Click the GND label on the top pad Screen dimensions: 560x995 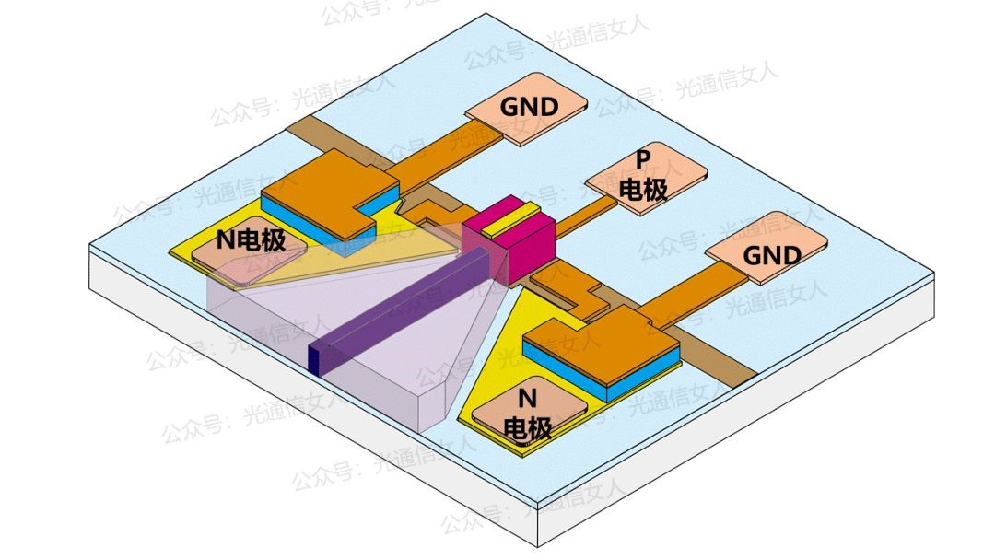pos(529,107)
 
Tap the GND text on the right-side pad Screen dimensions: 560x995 pos(772,255)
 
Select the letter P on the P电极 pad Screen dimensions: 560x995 pos(643,159)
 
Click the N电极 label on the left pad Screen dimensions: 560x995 pos(250,241)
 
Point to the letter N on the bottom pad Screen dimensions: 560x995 pos(527,400)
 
